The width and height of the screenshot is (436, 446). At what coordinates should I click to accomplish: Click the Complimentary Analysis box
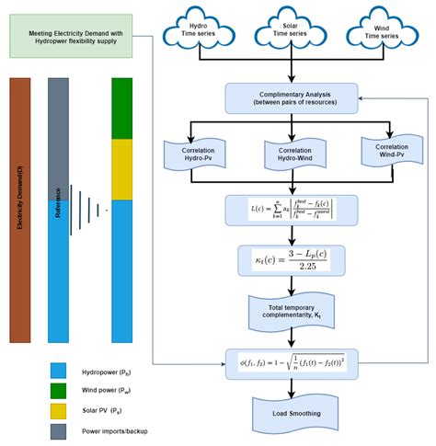292,98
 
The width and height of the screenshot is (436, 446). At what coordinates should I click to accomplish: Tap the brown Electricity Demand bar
20,210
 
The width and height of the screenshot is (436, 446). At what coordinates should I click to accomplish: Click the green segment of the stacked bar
122,108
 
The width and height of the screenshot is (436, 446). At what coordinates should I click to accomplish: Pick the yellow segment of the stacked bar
122,169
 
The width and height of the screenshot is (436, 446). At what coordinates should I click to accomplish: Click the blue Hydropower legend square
59,371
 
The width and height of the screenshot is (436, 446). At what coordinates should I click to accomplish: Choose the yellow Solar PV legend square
59,410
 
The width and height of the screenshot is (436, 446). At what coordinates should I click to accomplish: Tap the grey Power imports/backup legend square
59,429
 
